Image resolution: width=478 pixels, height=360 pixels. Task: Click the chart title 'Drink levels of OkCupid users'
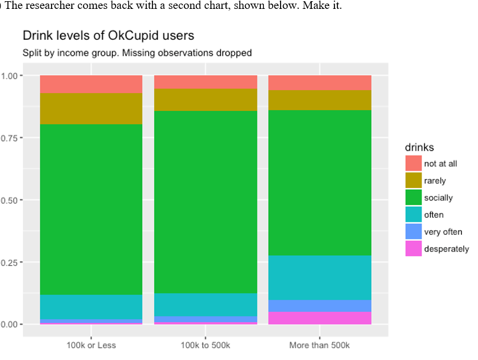[x=108, y=36]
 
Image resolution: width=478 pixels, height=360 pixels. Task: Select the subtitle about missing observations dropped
[x=137, y=53]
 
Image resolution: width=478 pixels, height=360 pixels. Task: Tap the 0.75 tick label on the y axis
[x=12, y=138]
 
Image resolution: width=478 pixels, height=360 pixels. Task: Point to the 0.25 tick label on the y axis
[x=12, y=262]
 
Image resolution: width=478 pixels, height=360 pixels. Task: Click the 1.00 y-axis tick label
[x=12, y=75]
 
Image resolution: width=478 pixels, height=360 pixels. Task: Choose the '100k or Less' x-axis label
[x=91, y=345]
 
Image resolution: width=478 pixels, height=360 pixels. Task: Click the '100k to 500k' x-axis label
[x=205, y=345]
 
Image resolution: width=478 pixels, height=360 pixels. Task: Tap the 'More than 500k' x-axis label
[x=320, y=345]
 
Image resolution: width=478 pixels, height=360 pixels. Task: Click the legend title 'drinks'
[x=420, y=146]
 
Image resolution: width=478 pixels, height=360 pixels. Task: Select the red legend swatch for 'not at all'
[x=413, y=164]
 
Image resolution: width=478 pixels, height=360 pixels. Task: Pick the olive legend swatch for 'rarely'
[x=413, y=181]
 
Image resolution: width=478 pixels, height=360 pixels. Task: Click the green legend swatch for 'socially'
[x=413, y=197]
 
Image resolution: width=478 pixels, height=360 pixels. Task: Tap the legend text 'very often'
[x=443, y=232]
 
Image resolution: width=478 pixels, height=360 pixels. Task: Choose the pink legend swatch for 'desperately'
[x=413, y=249]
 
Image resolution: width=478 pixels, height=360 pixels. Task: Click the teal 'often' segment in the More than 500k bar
[x=320, y=278]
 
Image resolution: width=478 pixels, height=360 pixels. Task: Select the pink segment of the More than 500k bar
[x=320, y=318]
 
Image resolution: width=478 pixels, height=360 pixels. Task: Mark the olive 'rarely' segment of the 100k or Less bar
[x=91, y=109]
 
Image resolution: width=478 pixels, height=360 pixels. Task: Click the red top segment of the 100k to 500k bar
[x=205, y=82]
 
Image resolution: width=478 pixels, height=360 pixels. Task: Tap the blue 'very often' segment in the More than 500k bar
[x=320, y=305]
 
